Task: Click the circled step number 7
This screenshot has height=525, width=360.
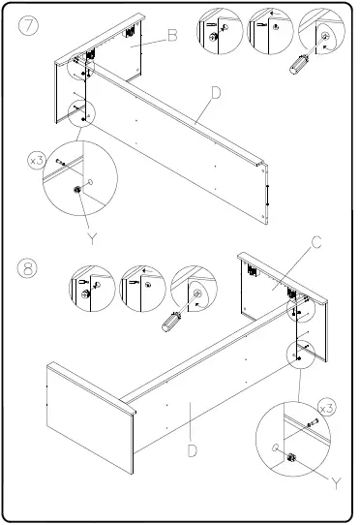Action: (x=31, y=27)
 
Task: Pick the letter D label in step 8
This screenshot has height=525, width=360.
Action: (x=194, y=450)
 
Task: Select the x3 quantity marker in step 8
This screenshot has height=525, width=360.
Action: (x=326, y=407)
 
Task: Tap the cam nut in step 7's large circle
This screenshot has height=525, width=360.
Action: (x=75, y=191)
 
